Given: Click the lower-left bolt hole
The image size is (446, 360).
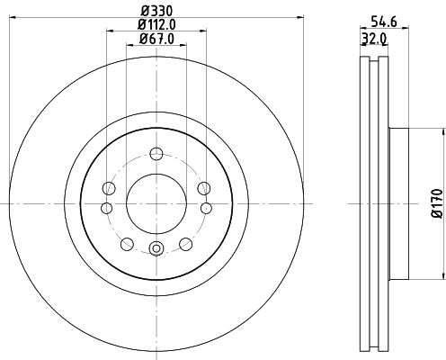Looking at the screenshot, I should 125,243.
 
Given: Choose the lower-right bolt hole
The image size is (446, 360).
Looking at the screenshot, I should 185,243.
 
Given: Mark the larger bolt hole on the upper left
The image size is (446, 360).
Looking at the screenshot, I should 110,187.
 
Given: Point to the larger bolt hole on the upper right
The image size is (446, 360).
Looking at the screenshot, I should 201,187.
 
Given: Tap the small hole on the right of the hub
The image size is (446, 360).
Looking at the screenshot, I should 204,208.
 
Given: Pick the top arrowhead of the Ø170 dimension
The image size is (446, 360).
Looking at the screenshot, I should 442,130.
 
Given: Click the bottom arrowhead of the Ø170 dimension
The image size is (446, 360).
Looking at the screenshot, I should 442,277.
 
